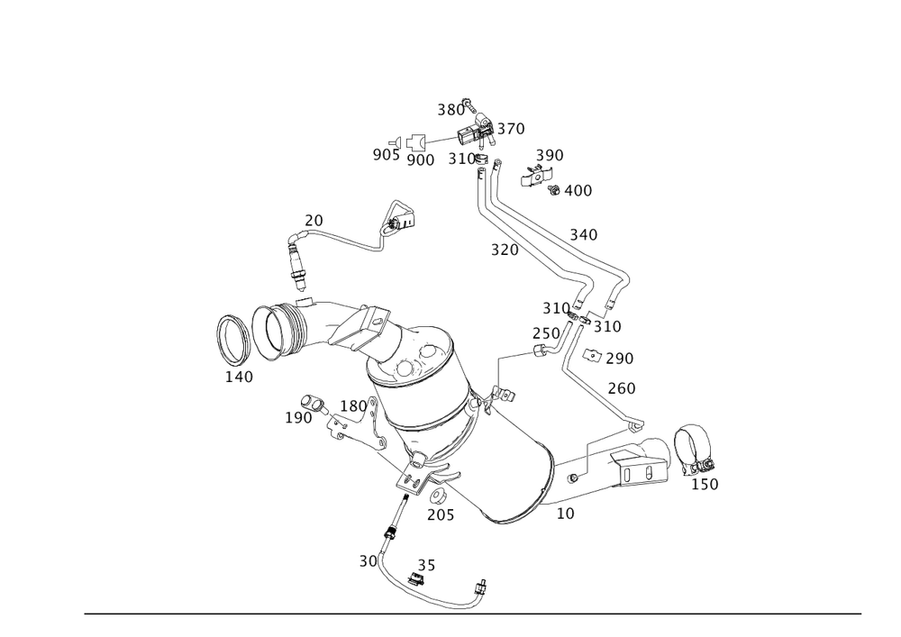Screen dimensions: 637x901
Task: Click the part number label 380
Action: pyautogui.click(x=450, y=110)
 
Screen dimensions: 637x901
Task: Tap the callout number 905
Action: pyautogui.click(x=386, y=155)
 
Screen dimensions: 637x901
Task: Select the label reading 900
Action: pyautogui.click(x=421, y=159)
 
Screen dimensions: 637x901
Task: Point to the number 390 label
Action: pyautogui.click(x=549, y=155)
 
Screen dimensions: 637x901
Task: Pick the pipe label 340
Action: pyautogui.click(x=583, y=234)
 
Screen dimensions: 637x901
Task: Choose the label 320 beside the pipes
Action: pyautogui.click(x=504, y=250)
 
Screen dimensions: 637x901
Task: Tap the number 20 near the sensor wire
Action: pyautogui.click(x=314, y=220)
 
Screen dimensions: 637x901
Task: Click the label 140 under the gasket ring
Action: pyautogui.click(x=239, y=376)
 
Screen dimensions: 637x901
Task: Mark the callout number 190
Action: pyautogui.click(x=297, y=417)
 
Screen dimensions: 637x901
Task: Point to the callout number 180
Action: pyautogui.click(x=353, y=406)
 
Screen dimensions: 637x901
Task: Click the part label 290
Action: pyautogui.click(x=618, y=358)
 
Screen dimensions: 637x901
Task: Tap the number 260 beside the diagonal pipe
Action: pyautogui.click(x=622, y=388)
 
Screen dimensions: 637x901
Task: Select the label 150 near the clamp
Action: pyautogui.click(x=704, y=484)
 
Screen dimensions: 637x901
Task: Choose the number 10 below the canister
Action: pyautogui.click(x=565, y=513)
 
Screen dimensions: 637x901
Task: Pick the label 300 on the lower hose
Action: pyautogui.click(x=370, y=560)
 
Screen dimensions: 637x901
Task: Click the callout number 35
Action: pyautogui.click(x=425, y=565)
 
